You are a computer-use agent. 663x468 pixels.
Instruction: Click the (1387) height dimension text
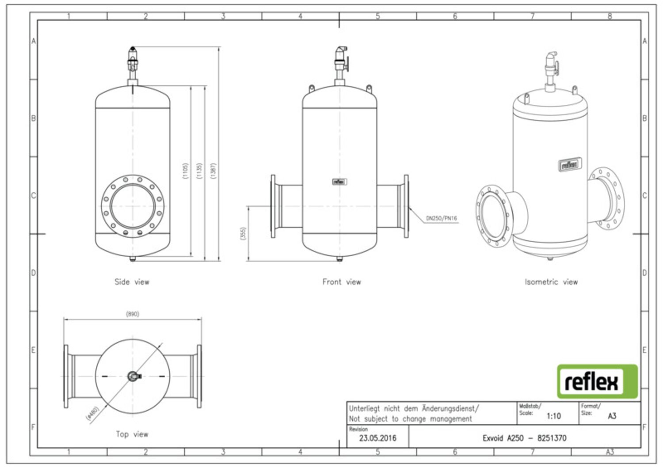[214, 171]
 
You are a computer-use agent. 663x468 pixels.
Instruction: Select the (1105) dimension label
[186, 171]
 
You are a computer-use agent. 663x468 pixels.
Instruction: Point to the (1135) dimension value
[200, 171]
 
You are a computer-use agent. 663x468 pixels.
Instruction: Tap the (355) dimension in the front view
[243, 233]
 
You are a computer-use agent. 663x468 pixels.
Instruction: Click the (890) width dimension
[133, 314]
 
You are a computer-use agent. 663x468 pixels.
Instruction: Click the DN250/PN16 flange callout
[441, 218]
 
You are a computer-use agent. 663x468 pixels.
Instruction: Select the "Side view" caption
[132, 282]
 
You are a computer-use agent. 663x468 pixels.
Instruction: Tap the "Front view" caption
[342, 282]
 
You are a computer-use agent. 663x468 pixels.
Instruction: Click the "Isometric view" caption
[551, 282]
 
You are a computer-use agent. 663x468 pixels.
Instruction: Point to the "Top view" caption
[132, 434]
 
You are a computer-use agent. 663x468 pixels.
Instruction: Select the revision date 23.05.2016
[377, 438]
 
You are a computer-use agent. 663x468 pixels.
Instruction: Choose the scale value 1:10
[553, 416]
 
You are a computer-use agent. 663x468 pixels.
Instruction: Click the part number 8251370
[552, 438]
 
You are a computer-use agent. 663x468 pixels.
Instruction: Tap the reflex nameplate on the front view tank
[339, 182]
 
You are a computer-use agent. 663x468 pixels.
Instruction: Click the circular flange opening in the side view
[133, 206]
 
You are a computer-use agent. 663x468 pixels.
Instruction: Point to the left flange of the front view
[274, 206]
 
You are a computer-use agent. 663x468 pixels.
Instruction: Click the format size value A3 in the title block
[612, 416]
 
